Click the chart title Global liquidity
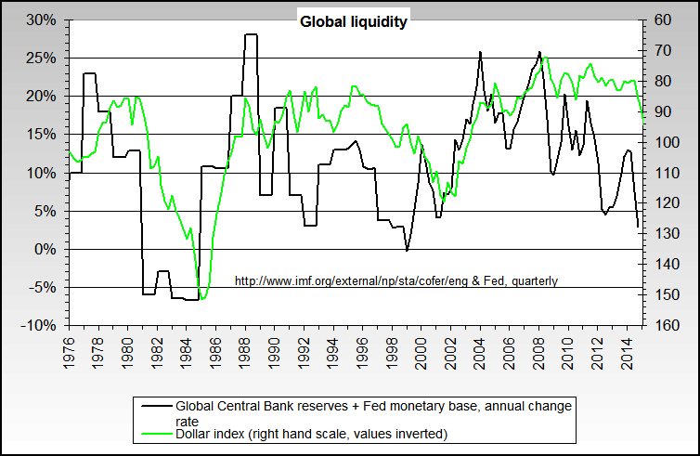[353, 21]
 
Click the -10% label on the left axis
[41, 325]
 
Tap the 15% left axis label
[43, 135]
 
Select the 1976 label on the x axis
[70, 352]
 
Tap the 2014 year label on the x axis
[627, 352]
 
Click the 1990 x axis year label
[275, 352]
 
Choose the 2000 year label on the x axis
[421, 352]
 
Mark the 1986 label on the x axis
[216, 352]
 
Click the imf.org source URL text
[395, 280]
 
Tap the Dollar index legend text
[311, 434]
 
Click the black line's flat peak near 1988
[251, 34]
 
